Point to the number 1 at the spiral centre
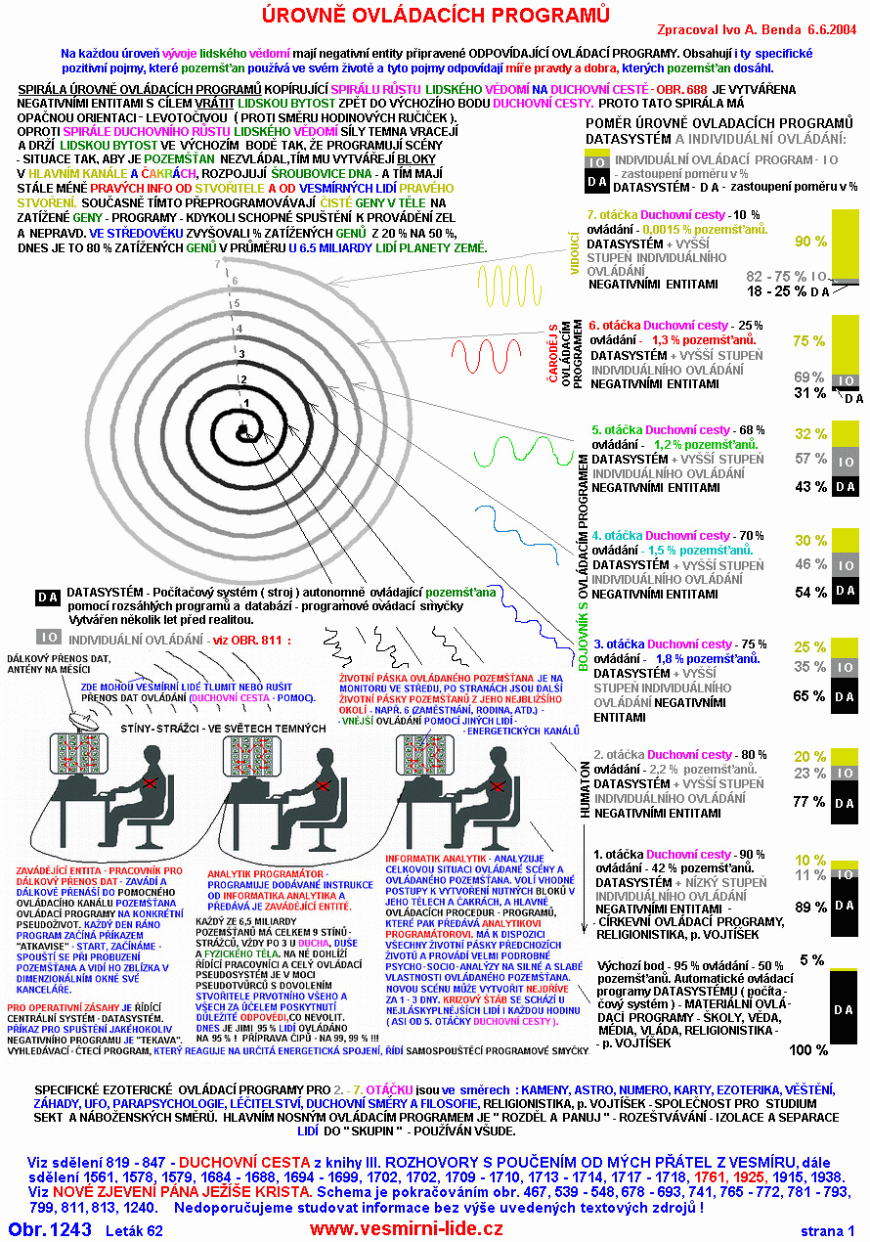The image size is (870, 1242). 246,402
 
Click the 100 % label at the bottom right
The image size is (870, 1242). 807,1050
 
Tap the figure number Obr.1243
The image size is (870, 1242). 51,1229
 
